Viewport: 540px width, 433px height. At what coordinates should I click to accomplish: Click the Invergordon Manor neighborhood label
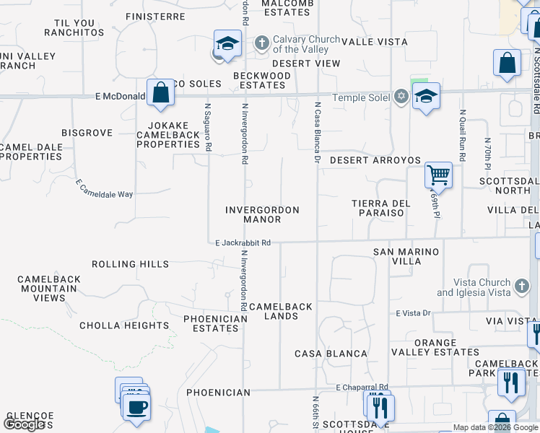(262, 214)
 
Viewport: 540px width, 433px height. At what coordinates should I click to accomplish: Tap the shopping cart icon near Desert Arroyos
(438, 175)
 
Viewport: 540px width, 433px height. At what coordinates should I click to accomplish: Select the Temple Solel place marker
(401, 97)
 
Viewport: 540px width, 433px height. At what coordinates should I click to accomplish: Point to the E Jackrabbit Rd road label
(243, 243)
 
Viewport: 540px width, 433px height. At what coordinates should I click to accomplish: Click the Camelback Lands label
(281, 311)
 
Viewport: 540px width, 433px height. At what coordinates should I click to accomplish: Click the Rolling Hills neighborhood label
(130, 264)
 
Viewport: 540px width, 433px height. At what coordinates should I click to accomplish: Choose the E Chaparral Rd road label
(362, 387)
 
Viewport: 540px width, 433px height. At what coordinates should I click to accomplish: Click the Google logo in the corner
(24, 424)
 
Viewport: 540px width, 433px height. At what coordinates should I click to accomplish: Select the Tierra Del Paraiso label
(381, 208)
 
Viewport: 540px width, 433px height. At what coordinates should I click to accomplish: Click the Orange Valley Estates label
(435, 347)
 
